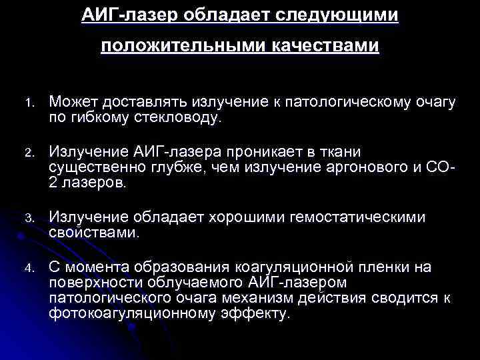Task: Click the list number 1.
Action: pos(29,103)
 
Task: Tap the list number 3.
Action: pos(29,217)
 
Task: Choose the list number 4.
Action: pos(29,268)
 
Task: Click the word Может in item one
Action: pos(71,102)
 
